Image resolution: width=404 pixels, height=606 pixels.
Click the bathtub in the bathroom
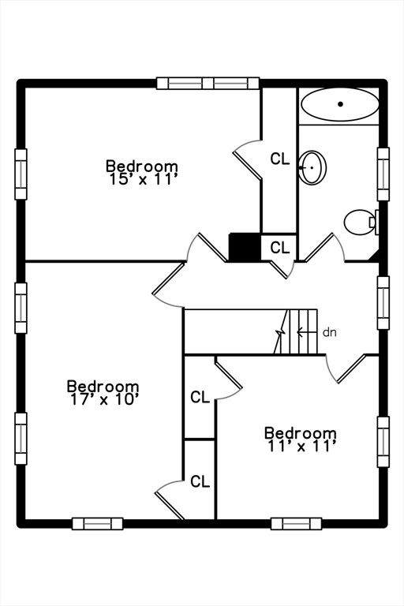point(340,104)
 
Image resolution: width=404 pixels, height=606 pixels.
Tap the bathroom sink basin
point(313,168)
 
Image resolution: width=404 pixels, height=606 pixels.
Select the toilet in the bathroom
point(361,222)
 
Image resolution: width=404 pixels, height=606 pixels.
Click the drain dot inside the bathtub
point(340,104)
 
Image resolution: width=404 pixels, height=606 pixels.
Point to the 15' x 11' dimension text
point(142,180)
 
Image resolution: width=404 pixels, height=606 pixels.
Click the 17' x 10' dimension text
point(103,399)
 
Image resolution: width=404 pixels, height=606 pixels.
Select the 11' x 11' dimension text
point(301,447)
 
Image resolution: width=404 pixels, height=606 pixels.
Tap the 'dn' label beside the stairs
point(329,332)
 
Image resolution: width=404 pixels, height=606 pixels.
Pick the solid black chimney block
point(245,247)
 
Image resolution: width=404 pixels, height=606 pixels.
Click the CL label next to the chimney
point(280,247)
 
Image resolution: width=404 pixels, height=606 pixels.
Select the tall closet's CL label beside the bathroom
point(280,159)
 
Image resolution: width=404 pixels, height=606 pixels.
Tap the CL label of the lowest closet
point(200,481)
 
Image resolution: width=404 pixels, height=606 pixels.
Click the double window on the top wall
point(208,83)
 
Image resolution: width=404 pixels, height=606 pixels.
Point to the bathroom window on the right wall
point(383,174)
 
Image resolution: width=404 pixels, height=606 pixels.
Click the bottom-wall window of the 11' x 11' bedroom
point(296,524)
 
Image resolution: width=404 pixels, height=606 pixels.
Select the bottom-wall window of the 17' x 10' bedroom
point(97,524)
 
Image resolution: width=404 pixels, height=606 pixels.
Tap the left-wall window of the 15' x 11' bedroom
point(21,174)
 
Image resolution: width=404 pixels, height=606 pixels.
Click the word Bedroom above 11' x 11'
point(301,433)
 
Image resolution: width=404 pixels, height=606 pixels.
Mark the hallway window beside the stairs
point(383,303)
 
